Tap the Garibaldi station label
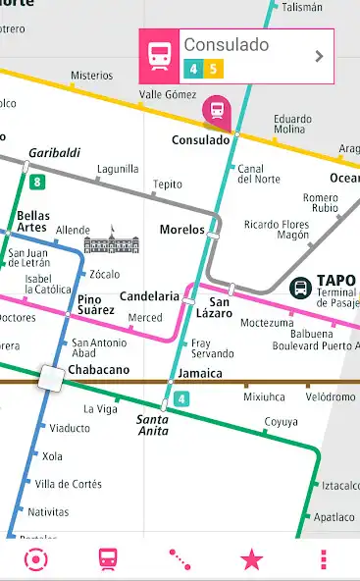[54, 153]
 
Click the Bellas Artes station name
[32, 221]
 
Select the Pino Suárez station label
[96, 304]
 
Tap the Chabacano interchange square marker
[49, 377]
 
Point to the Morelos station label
[181, 230]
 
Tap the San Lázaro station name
[220, 308]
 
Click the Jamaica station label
[200, 374]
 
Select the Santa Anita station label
[151, 424]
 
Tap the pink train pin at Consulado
[214, 110]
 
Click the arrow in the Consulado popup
[319, 56]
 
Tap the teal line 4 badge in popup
[192, 69]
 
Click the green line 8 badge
[37, 182]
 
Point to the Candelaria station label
[149, 296]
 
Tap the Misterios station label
[91, 76]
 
